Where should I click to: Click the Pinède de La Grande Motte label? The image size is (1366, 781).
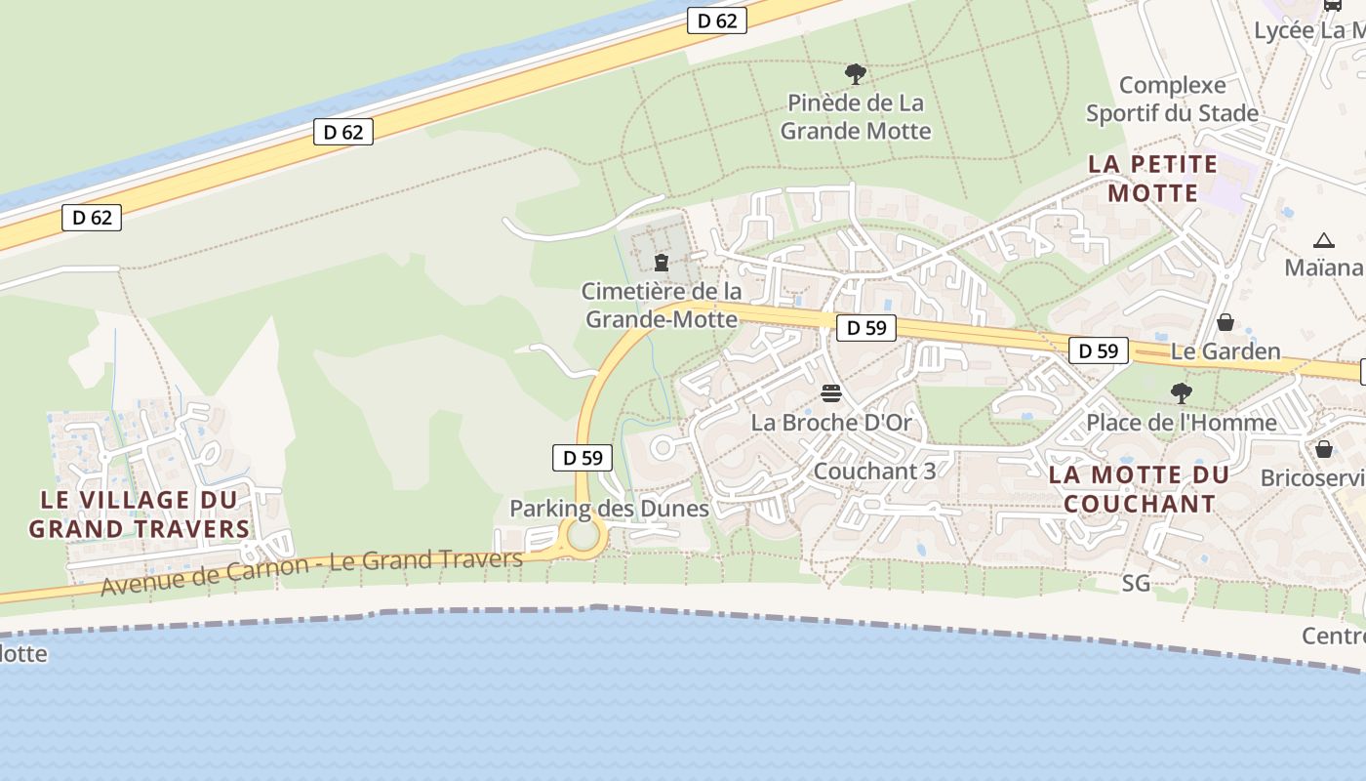[x=856, y=116]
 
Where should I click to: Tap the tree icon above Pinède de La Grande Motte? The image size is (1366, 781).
[x=856, y=73]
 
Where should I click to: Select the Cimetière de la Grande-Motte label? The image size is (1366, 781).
[x=662, y=305]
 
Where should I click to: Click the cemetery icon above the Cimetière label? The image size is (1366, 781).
[x=662, y=262]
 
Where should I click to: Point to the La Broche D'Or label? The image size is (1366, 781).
[x=831, y=423]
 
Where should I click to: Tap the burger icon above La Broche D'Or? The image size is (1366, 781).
[x=831, y=393]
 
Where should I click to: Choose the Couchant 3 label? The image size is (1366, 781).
[x=874, y=471]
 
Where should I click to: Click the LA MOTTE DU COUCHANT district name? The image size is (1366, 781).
[x=1139, y=489]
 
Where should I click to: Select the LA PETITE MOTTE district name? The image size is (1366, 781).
[x=1152, y=178]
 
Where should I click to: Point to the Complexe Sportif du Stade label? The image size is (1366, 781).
[x=1172, y=99]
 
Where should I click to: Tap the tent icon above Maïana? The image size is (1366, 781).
[x=1323, y=240]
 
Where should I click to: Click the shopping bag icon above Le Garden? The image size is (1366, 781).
[x=1225, y=321]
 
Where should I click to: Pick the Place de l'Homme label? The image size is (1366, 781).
[x=1181, y=422]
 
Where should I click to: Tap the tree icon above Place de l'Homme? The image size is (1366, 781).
[x=1181, y=392]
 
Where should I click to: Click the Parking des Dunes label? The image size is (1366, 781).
[x=609, y=508]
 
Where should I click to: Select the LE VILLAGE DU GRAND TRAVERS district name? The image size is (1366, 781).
[x=139, y=514]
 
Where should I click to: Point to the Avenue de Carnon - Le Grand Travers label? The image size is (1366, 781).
[x=311, y=572]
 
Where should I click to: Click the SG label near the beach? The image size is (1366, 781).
[x=1136, y=583]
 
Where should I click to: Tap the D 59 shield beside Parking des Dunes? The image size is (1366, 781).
[x=583, y=457]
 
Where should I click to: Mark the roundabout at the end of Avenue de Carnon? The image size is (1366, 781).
[x=583, y=536]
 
